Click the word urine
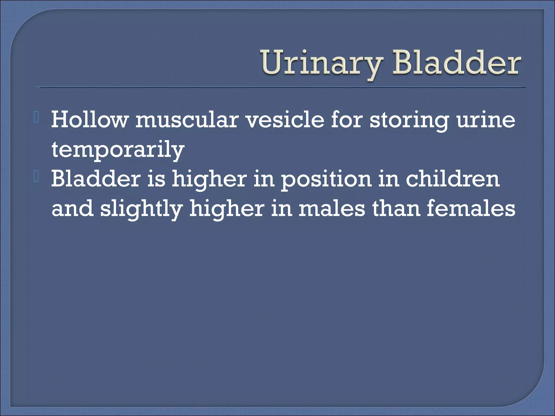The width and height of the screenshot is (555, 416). pyautogui.click(x=486, y=120)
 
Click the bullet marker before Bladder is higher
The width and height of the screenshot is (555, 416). pyautogui.click(x=37, y=178)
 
